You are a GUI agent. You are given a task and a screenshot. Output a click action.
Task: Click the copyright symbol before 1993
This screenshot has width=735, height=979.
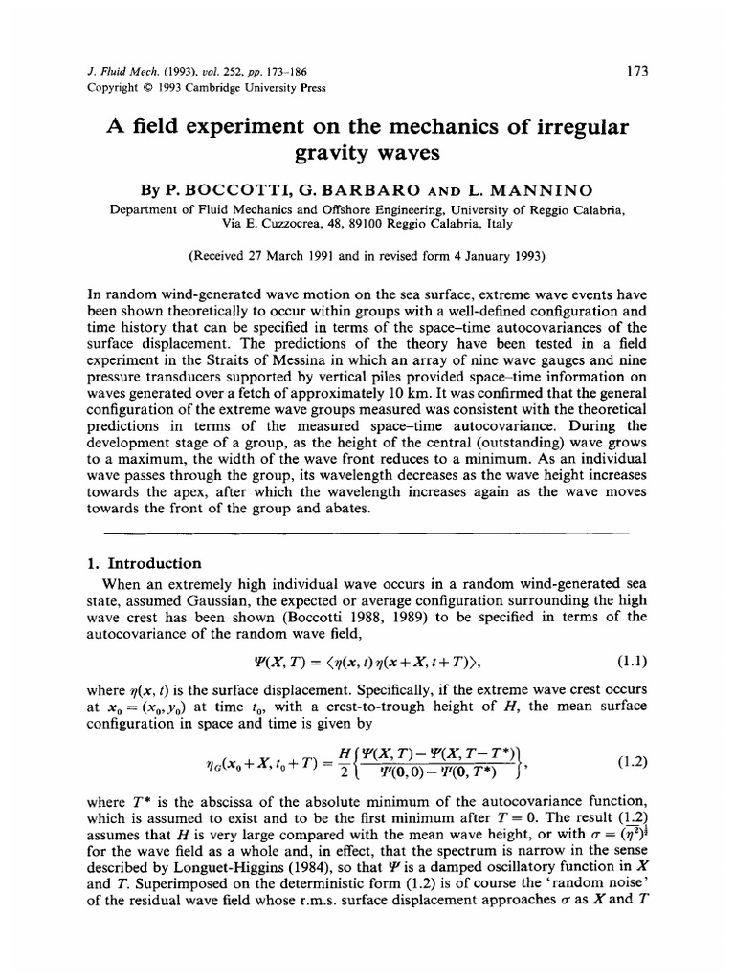pyautogui.click(x=133, y=87)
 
